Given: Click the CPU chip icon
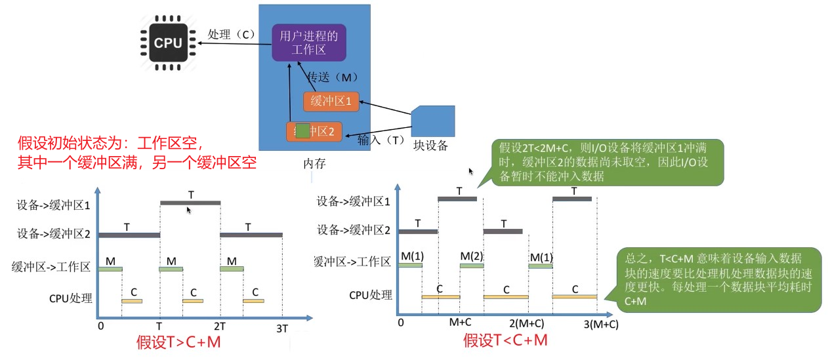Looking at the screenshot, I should pos(168,43).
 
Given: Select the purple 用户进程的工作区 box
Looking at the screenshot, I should pos(308,43).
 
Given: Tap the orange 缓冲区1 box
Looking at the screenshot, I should pos(331,102).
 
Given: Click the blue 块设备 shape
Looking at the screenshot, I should pos(433,121).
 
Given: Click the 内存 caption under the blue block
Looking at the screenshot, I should pos(314,163).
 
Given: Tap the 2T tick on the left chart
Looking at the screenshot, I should pos(219,326).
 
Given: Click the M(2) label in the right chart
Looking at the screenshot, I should pos(471,255).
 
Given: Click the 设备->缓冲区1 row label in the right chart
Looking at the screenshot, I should pos(354,201).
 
